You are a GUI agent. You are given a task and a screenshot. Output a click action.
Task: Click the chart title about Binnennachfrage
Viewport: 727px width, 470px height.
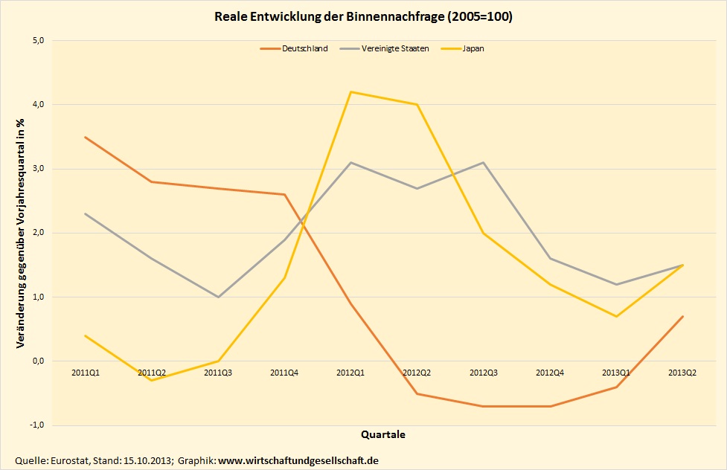tap(363, 16)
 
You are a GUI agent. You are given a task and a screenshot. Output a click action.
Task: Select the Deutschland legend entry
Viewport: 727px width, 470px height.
tap(304, 49)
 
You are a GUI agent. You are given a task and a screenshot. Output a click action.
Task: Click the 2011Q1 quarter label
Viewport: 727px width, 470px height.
tap(86, 371)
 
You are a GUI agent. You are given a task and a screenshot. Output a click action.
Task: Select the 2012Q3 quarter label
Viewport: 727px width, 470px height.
tap(484, 371)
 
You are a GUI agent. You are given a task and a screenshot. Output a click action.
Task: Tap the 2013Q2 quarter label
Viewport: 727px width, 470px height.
tap(683, 371)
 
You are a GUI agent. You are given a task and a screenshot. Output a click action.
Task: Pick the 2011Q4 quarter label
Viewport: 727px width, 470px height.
tap(284, 371)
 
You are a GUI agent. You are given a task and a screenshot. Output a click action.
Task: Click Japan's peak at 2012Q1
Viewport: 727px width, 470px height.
tap(351, 92)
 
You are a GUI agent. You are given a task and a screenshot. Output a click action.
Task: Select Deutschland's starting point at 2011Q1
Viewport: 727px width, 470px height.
tap(86, 137)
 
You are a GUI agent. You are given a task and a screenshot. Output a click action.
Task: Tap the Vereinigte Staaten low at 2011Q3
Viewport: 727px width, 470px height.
tap(218, 297)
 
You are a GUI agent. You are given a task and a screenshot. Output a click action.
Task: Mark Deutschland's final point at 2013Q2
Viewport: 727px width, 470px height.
tap(683, 316)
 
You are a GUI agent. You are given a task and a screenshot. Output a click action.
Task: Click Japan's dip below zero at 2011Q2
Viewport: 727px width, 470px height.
tap(152, 381)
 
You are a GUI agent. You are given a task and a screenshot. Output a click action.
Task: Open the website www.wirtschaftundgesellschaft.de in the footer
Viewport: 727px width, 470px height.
tap(298, 461)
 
